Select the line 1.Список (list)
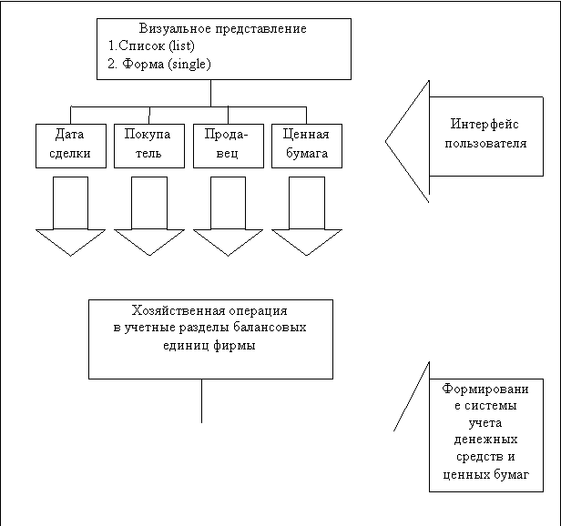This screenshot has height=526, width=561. pyautogui.click(x=151, y=46)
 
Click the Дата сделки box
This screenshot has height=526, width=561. pyautogui.click(x=70, y=145)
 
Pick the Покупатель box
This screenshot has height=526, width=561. pyautogui.click(x=148, y=145)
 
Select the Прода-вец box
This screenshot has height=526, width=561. pyautogui.click(x=228, y=145)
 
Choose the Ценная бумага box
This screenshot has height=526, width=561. pyautogui.click(x=306, y=145)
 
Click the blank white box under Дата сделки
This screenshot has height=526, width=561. pyautogui.click(x=70, y=202)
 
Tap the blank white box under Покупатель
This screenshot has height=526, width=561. pyautogui.click(x=148, y=202)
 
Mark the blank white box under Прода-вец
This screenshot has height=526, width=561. pyautogui.click(x=228, y=202)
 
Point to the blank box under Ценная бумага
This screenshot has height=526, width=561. pyautogui.click(x=306, y=202)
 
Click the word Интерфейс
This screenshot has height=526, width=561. pyautogui.click(x=485, y=125)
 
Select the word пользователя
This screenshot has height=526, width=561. pyautogui.click(x=485, y=143)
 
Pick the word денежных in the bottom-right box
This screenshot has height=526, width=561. pyautogui.click(x=484, y=440)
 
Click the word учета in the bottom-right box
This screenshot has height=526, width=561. pyautogui.click(x=484, y=422)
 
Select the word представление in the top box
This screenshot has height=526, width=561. pyautogui.click(x=260, y=29)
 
